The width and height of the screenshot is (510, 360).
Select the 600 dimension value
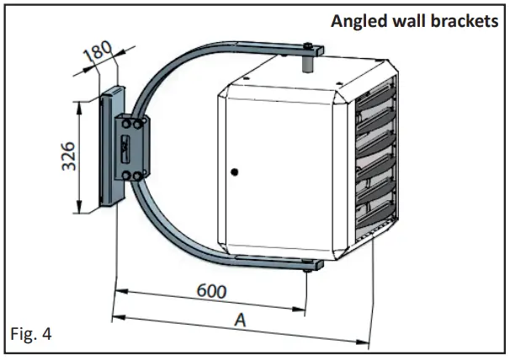click(211, 290)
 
